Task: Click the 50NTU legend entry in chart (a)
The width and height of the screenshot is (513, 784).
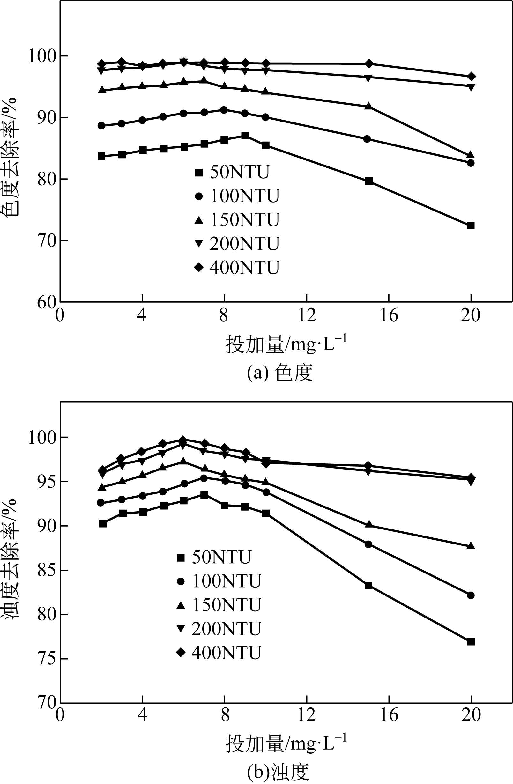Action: click(x=232, y=172)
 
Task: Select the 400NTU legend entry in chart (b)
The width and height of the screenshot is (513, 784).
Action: click(x=219, y=653)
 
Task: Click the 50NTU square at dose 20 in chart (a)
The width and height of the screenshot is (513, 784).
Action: click(x=471, y=226)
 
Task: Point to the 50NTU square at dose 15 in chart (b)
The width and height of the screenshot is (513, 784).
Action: click(x=368, y=585)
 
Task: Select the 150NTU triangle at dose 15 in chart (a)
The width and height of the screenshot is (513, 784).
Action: click(x=368, y=106)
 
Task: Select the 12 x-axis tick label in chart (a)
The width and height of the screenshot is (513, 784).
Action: click(x=306, y=315)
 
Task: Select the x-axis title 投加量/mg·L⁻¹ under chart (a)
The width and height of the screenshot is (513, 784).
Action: click(x=286, y=344)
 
